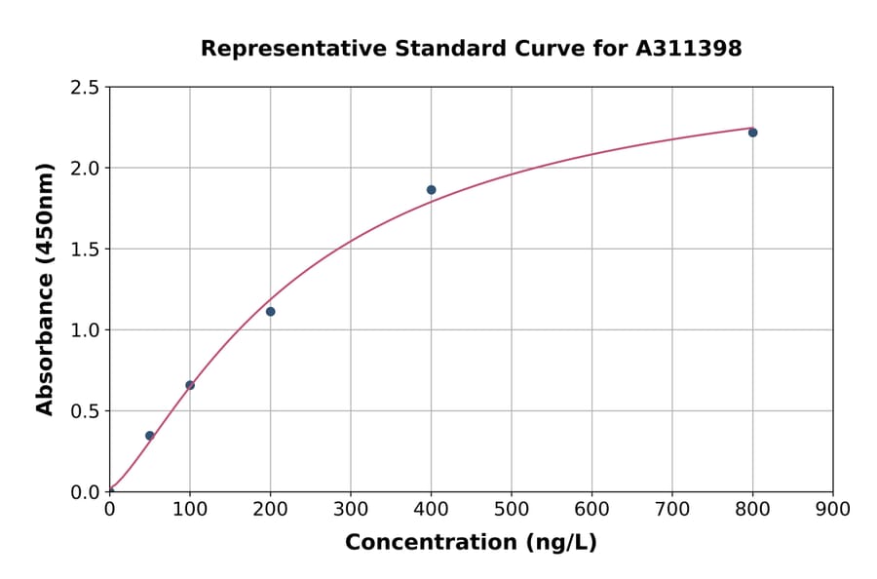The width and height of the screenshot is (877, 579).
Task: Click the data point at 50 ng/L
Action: tap(149, 436)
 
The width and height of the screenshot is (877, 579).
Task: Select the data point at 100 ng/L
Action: tap(190, 385)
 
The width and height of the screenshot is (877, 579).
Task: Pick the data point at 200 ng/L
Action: tap(270, 312)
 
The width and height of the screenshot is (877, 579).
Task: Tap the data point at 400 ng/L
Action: tap(431, 190)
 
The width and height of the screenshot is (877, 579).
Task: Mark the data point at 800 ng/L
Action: tap(752, 133)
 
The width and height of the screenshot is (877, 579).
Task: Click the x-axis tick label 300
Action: tap(351, 509)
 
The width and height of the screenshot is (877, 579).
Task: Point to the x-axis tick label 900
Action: tap(833, 509)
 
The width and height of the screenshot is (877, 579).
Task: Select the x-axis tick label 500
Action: tap(512, 509)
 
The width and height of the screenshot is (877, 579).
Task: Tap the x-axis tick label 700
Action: tap(672, 509)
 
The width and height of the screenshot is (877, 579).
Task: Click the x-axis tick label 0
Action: tap(109, 509)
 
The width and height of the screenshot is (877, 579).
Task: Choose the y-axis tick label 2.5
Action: tap(85, 88)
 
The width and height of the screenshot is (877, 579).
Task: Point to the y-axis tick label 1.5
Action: tap(85, 250)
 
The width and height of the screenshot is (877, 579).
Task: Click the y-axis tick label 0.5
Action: tap(85, 411)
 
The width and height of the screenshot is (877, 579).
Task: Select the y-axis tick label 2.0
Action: tap(85, 169)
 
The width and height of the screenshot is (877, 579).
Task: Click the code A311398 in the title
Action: tap(689, 49)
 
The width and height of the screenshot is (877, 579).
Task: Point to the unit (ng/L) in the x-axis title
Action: tap(562, 542)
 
